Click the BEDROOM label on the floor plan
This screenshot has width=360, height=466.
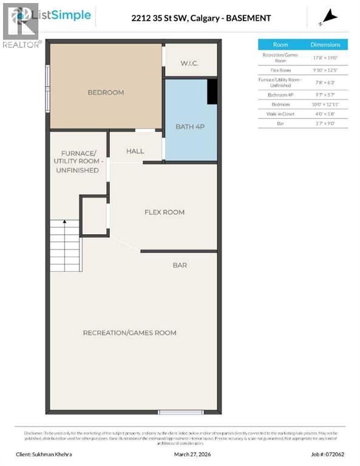point(106,92)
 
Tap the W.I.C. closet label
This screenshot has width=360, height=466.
point(189,63)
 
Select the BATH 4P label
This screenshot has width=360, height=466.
point(189,126)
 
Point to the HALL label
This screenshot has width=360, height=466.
point(135,150)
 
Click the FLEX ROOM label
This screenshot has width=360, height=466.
point(164,212)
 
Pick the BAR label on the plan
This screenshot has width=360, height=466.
point(179,265)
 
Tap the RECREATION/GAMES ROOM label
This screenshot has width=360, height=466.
point(130,333)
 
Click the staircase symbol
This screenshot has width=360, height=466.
point(65,246)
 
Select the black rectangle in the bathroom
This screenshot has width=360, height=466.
point(212,92)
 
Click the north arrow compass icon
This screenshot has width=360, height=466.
point(329,17)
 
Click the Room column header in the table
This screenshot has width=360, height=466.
point(280,44)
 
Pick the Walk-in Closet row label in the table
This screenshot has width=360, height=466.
point(280,113)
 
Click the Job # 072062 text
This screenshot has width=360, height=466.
point(328,453)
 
